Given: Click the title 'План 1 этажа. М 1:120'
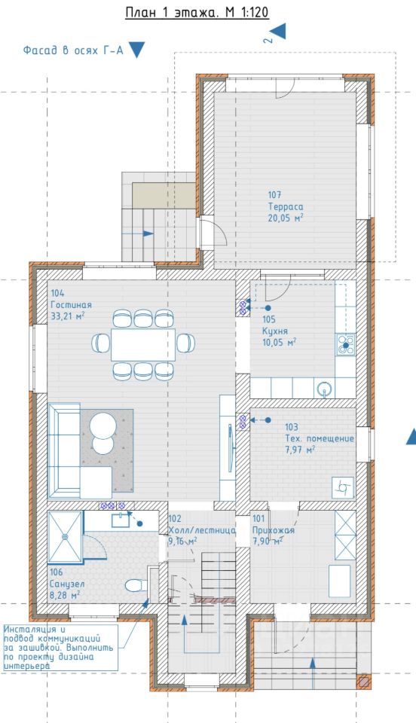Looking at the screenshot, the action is pyautogui.click(x=197, y=13).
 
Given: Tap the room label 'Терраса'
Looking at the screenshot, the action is pyautogui.click(x=286, y=207).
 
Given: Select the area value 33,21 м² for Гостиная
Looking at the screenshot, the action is pyautogui.click(x=68, y=316).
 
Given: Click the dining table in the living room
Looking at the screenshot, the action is pyautogui.click(x=143, y=344).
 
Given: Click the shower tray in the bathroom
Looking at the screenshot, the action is pyautogui.click(x=65, y=536).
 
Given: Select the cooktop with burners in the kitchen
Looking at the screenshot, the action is pyautogui.click(x=346, y=344).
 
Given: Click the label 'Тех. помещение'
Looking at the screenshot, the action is pyautogui.click(x=320, y=438).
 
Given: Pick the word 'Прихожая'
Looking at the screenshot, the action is pyautogui.click(x=273, y=530).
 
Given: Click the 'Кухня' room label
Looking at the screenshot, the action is pyautogui.click(x=275, y=331).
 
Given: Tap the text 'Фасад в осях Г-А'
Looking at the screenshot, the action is pyautogui.click(x=73, y=50).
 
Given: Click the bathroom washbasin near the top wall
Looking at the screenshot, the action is pyautogui.click(x=121, y=520).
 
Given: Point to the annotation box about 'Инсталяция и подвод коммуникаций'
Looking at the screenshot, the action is pyautogui.click(x=60, y=648).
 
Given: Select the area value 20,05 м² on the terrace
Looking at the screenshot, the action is pyautogui.click(x=286, y=218).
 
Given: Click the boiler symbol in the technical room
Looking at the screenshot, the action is pyautogui.click(x=343, y=488).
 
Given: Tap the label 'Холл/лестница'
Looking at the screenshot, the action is pyautogui.click(x=202, y=530).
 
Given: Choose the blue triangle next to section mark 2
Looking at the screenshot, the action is pyautogui.click(x=278, y=32).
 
